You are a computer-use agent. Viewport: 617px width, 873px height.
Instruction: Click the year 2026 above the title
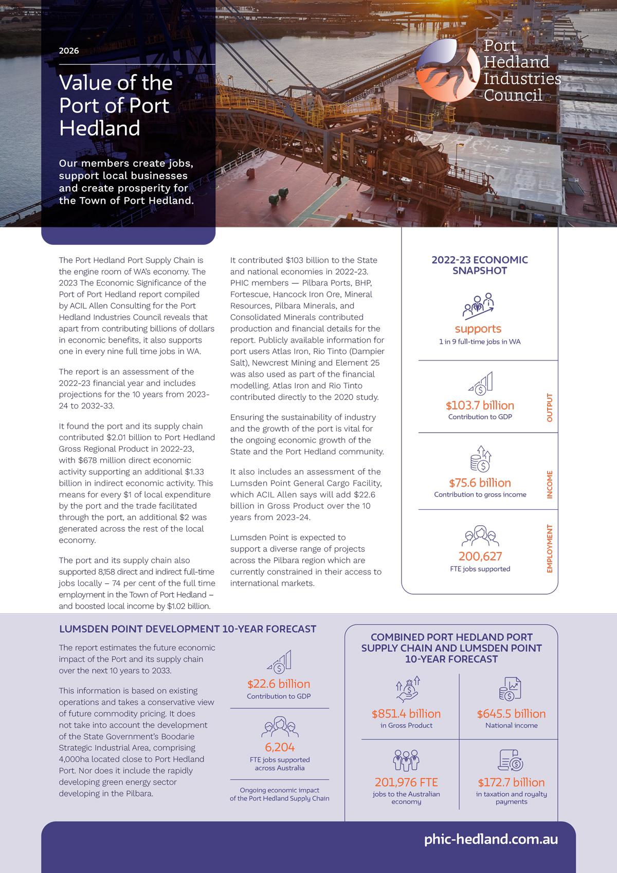click(69, 50)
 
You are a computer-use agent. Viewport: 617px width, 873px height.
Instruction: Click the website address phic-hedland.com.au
click(491, 839)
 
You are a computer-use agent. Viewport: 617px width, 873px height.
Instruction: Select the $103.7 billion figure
click(480, 405)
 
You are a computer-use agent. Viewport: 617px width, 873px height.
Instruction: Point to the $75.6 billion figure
click(480, 483)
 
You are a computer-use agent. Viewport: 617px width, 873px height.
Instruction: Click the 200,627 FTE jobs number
click(480, 556)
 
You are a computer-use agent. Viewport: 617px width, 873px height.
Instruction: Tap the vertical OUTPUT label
click(550, 407)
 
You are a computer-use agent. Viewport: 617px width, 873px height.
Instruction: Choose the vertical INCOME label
click(550, 484)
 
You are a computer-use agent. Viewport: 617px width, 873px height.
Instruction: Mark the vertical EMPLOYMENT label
click(550, 548)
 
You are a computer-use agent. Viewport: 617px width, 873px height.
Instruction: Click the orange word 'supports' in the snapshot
click(478, 329)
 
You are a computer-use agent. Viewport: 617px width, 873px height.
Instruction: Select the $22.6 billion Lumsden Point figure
click(279, 684)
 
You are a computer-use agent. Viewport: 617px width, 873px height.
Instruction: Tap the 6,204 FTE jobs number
click(280, 747)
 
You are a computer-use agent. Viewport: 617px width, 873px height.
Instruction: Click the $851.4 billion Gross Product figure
click(406, 714)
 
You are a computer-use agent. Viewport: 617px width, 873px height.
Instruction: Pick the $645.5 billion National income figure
click(511, 714)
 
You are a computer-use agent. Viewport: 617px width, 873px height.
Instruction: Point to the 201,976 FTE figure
click(406, 782)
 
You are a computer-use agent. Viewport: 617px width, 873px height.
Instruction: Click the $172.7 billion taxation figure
click(511, 782)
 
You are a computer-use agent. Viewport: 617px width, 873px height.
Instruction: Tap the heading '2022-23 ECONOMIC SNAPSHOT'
click(480, 265)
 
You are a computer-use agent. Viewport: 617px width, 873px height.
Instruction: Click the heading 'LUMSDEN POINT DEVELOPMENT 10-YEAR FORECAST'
click(188, 629)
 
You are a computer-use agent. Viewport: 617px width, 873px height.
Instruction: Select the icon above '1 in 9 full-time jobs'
click(478, 306)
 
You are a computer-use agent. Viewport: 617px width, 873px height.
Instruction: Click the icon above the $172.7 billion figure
click(511, 760)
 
